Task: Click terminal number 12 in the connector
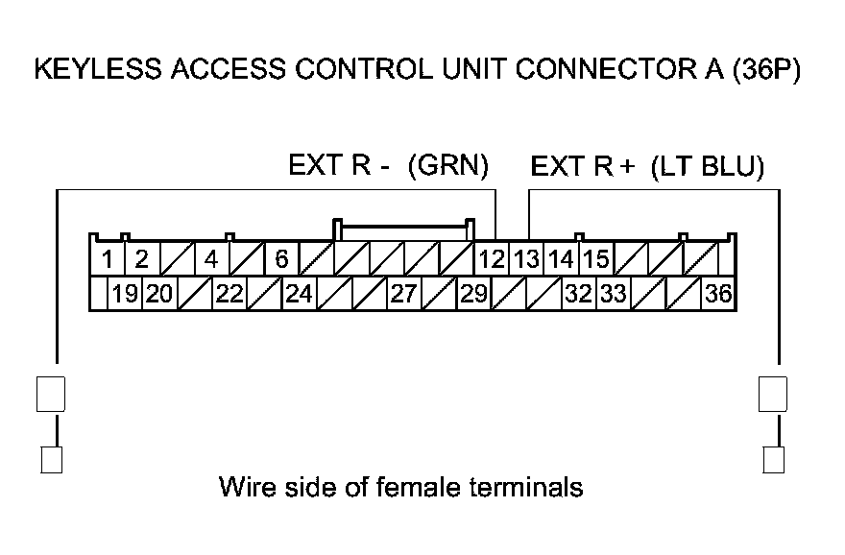click(493, 259)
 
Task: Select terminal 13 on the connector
click(525, 259)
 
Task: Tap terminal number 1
click(108, 259)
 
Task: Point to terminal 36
click(717, 294)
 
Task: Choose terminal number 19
click(124, 294)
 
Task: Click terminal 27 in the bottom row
click(403, 294)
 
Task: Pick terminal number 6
click(281, 259)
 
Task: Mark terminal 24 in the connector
click(299, 294)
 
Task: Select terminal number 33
click(613, 294)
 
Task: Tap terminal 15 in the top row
click(595, 259)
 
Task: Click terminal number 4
click(211, 259)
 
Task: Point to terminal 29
click(473, 294)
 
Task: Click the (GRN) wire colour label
click(448, 167)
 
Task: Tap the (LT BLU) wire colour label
click(708, 168)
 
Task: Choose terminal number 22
click(229, 294)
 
